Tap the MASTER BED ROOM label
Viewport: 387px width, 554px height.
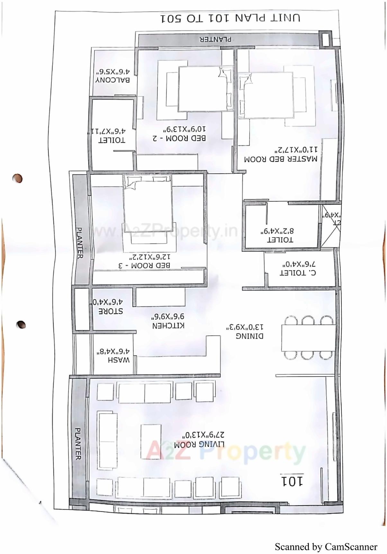[280, 159]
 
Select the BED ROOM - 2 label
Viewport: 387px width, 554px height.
[179, 138]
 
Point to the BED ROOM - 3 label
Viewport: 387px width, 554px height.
[144, 266]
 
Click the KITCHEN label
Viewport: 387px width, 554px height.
[168, 325]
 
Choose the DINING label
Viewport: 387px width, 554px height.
[249, 336]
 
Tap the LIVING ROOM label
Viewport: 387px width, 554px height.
[199, 445]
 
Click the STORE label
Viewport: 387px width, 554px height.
[110, 311]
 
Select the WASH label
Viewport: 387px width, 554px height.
[119, 360]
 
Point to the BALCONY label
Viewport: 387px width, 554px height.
[113, 80]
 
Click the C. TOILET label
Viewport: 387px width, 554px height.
[298, 273]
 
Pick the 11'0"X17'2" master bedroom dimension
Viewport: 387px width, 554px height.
[295, 150]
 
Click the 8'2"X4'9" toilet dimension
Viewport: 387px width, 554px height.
[277, 231]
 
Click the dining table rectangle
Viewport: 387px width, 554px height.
[308, 338]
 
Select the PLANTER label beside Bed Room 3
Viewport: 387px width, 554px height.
[79, 243]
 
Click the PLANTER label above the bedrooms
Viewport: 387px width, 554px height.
[215, 40]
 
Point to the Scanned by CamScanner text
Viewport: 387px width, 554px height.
[326, 547]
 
